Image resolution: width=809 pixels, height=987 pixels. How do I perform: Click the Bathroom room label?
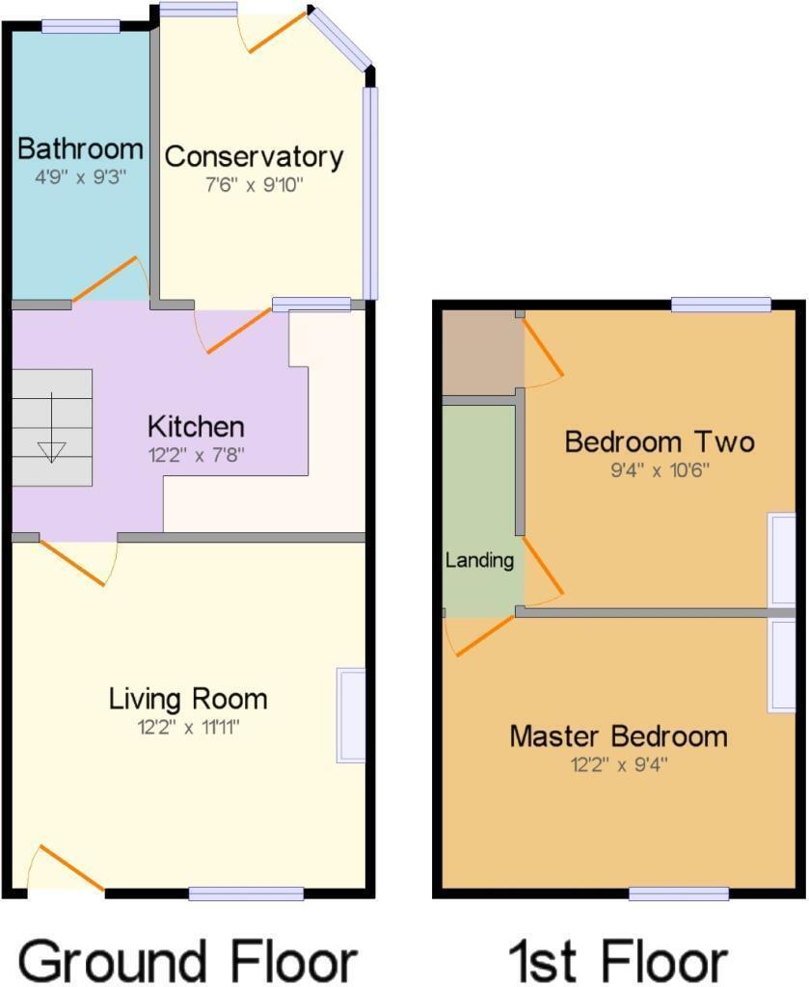(81, 149)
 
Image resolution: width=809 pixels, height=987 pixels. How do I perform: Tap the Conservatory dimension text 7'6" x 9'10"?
(255, 184)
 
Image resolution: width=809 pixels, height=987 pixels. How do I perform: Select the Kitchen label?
(196, 426)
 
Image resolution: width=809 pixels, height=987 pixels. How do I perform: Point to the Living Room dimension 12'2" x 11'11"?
(188, 728)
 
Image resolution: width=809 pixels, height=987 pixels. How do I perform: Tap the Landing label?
(479, 560)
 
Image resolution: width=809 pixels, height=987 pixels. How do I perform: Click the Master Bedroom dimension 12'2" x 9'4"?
(618, 765)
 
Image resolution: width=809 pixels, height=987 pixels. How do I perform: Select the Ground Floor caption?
(188, 960)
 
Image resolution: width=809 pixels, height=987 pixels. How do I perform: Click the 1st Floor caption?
(618, 960)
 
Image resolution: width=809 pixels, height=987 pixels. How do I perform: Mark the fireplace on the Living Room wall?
(351, 714)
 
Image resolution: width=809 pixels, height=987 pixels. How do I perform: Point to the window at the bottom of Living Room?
(246, 894)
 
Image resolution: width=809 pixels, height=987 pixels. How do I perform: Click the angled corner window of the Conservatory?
(339, 39)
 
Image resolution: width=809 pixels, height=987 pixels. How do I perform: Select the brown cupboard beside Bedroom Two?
(479, 352)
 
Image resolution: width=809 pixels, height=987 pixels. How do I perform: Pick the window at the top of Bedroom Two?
(721, 306)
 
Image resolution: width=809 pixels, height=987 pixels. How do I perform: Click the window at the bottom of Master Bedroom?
(679, 894)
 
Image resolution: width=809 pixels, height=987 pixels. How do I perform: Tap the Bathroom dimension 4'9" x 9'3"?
(81, 177)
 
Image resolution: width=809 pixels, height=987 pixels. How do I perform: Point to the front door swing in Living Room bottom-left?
(67, 869)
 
